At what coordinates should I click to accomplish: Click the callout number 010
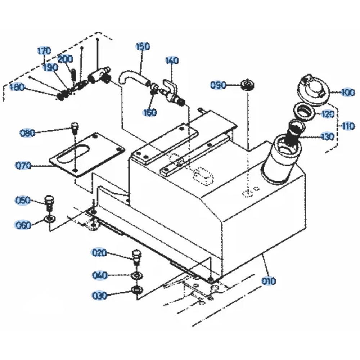pyautogui.click(x=269, y=281)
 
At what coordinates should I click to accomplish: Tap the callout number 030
pyautogui.click(x=99, y=296)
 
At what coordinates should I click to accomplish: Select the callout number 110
pyautogui.click(x=348, y=126)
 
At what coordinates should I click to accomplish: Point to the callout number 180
pyautogui.click(x=17, y=87)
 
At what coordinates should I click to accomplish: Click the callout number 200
pyautogui.click(x=65, y=59)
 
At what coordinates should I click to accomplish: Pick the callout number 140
pyautogui.click(x=172, y=60)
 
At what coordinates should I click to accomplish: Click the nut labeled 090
pyautogui.click(x=248, y=85)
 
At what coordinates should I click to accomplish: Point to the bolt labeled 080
pyautogui.click(x=75, y=129)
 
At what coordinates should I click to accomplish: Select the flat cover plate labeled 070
pyautogui.click(x=87, y=155)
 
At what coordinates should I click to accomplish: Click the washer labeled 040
pyautogui.click(x=137, y=275)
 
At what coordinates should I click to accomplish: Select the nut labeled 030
pyautogui.click(x=137, y=289)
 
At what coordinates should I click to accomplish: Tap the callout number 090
pyautogui.click(x=218, y=85)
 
